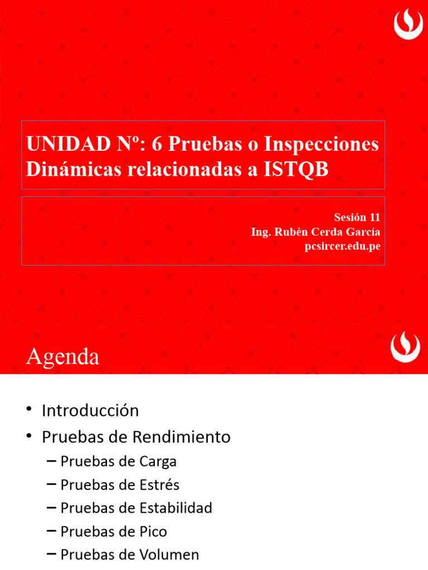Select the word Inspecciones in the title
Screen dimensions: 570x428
coord(322,144)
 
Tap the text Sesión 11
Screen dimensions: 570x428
coord(357,218)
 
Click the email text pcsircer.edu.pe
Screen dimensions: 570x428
coord(343,246)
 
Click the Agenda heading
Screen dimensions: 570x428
coord(62,356)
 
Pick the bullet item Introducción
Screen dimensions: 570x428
coord(90,411)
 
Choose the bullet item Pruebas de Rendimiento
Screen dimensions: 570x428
coord(136,438)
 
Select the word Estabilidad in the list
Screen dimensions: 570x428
coord(177,508)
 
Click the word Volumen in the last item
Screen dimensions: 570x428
coord(171,555)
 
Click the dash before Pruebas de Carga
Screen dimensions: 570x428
coord(51,461)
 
